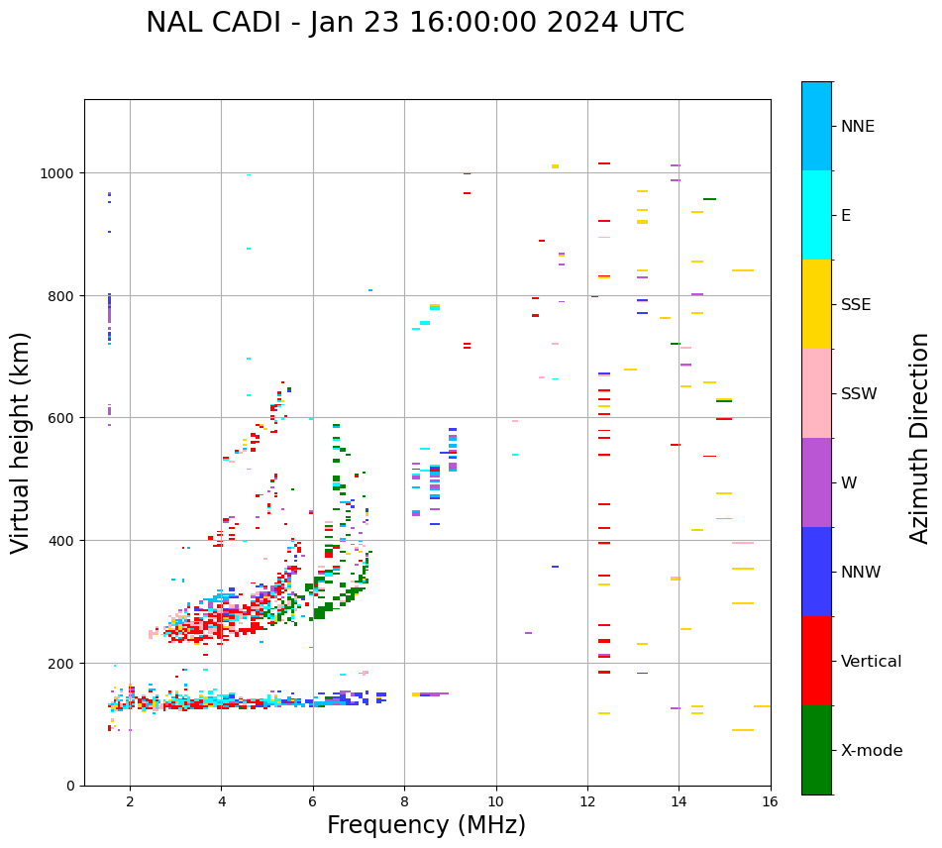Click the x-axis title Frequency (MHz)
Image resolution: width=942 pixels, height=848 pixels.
426,825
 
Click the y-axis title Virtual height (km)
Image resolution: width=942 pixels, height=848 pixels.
21,442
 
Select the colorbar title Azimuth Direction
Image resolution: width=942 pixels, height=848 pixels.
920,438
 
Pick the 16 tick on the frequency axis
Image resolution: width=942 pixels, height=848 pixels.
770,802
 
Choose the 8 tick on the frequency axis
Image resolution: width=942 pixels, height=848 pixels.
404,802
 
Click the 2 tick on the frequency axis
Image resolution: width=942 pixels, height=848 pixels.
130,802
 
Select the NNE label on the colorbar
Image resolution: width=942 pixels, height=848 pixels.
858,127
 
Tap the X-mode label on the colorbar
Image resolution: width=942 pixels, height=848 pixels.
872,751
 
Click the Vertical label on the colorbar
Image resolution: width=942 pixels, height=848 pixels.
872,662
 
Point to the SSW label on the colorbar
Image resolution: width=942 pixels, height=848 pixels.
859,394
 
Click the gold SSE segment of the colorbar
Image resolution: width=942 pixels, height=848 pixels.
816,304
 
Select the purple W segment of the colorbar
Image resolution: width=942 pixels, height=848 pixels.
816,482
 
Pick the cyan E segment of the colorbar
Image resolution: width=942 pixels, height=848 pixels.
816,215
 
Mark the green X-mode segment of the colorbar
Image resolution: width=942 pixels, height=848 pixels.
816,750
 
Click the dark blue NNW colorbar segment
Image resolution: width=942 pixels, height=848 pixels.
816,572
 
